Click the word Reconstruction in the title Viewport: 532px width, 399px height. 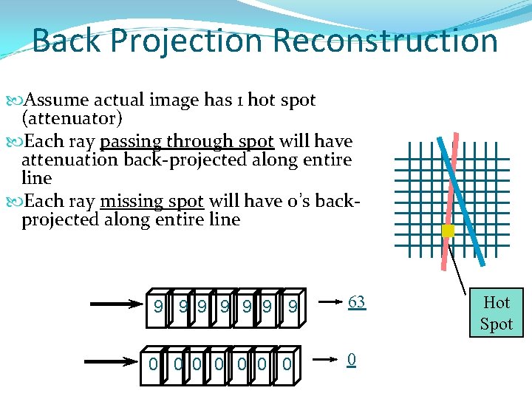[386, 41]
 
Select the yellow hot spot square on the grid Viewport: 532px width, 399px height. [448, 231]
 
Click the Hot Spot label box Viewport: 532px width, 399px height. [496, 313]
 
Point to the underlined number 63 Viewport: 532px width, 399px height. [356, 302]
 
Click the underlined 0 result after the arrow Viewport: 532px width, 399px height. [352, 360]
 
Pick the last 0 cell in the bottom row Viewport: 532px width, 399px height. [287, 364]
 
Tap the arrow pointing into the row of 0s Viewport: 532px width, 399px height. [111, 363]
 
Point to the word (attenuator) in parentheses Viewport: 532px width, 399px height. [72, 119]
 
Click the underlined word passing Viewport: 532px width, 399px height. [132, 141]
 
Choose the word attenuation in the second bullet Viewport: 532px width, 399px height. [70, 160]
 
